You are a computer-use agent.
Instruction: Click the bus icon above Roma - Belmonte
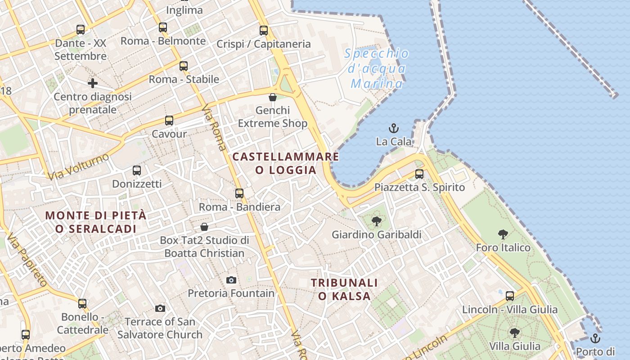coord(163,27)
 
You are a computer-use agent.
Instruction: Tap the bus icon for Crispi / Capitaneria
coord(264,31)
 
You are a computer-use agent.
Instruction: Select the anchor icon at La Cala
coord(394,128)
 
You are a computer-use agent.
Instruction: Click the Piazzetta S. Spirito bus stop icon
coord(419,174)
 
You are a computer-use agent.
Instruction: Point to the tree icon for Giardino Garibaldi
coord(376,221)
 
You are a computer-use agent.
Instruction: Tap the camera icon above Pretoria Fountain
coord(231,280)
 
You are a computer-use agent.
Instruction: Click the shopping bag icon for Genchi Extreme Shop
coord(272,97)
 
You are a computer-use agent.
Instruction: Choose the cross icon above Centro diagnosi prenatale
coord(93,83)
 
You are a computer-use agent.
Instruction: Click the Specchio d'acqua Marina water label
coord(377,69)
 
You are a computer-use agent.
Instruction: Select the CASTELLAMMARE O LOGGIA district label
coord(286,163)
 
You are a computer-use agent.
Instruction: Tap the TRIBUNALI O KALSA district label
coord(345,289)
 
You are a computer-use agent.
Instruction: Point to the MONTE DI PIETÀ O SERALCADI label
coord(96,222)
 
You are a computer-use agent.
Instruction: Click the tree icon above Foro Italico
coord(503,234)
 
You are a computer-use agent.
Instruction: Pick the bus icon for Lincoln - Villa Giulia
coord(510,296)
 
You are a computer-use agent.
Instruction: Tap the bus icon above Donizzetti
coord(137,171)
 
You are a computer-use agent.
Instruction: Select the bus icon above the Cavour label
coord(169,121)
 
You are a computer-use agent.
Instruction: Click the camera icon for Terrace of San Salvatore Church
coord(160,308)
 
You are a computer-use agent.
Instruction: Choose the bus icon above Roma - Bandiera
coord(239,193)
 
